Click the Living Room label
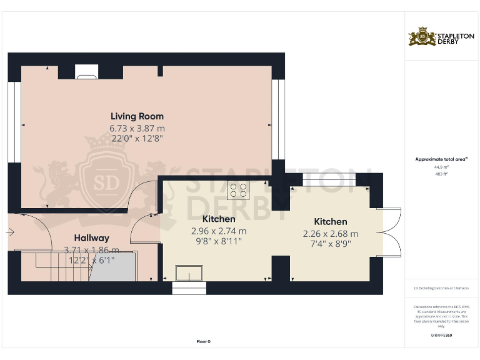click(137, 116)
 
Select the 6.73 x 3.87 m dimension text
click(137, 128)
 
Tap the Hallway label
click(92, 238)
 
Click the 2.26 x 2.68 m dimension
click(330, 233)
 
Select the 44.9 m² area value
click(441, 167)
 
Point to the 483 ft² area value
click(441, 174)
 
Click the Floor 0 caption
click(204, 341)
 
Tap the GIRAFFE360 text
click(441, 336)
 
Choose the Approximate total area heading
click(441, 159)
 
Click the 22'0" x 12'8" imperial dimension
click(137, 138)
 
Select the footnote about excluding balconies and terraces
click(441, 287)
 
